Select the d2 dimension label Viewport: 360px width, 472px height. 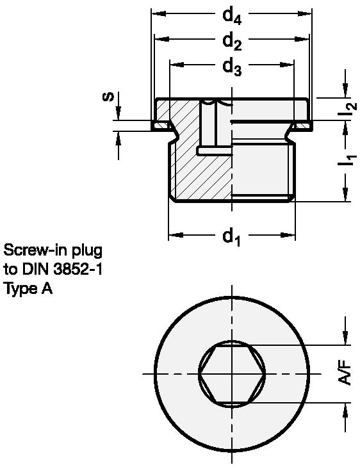click(x=231, y=41)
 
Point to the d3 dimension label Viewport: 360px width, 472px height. click(x=231, y=66)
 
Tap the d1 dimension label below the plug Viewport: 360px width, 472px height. click(x=231, y=237)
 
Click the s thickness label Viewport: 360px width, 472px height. click(x=109, y=97)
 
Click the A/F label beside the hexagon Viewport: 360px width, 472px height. click(x=347, y=371)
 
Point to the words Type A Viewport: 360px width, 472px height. click(x=28, y=289)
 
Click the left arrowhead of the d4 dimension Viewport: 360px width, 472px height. click(x=156, y=14)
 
